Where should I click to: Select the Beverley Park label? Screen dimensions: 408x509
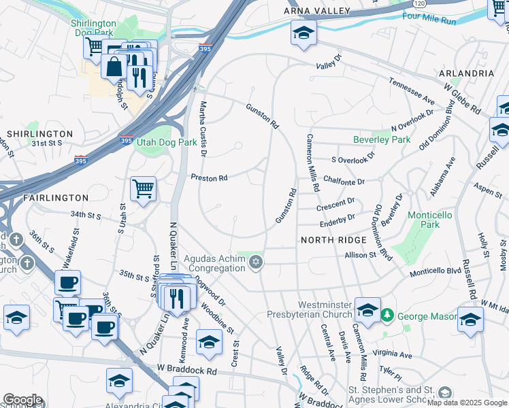tap(382, 139)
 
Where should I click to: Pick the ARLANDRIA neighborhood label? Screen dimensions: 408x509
tap(467, 73)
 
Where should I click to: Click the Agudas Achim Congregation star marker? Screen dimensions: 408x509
tap(256, 262)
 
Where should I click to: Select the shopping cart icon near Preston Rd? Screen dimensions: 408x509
tap(143, 188)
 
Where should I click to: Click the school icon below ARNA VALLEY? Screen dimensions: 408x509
tap(303, 33)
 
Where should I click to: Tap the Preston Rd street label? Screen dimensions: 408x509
tap(209, 178)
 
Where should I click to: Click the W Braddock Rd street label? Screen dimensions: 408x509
tap(186, 372)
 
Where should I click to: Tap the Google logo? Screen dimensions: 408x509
tap(22, 400)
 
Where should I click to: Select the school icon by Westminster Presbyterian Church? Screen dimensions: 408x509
tap(367, 311)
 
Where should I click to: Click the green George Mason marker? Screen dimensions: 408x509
tap(387, 316)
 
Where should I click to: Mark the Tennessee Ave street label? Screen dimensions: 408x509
tap(412, 90)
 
